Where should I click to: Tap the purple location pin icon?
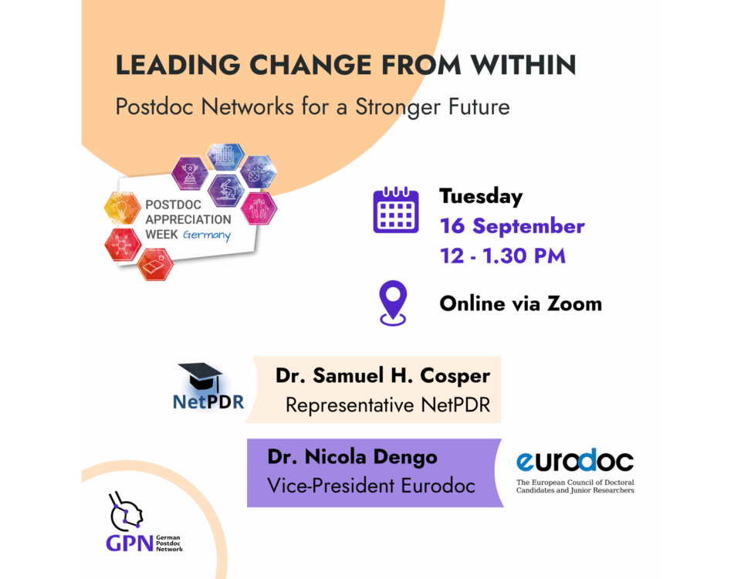[393, 303]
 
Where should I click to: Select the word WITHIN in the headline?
[523, 65]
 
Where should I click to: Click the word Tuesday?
[481, 197]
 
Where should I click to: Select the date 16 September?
[513, 226]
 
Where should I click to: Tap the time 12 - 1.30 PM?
[502, 256]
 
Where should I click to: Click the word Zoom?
[574, 304]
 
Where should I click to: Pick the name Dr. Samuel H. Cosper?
[383, 376]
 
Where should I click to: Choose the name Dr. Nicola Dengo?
[353, 457]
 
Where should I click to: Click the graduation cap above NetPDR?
[201, 376]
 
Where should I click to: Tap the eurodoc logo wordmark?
[575, 460]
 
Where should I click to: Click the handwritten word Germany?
[207, 235]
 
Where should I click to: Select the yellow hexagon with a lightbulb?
[123, 208]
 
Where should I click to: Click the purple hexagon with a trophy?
[190, 173]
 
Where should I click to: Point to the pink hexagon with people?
[259, 208]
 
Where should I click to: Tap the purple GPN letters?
[130, 543]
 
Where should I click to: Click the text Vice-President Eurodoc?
[371, 486]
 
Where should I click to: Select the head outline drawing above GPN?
[126, 513]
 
